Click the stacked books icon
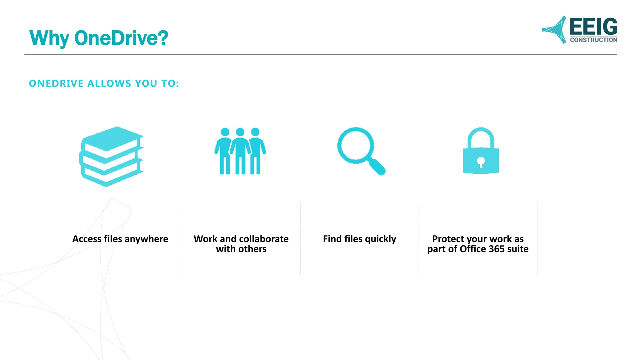[111, 156]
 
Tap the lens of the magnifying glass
[355, 145]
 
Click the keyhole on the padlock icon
[481, 162]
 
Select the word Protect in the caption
[447, 239]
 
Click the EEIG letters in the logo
[593, 27]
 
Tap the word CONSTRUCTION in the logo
[593, 40]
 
